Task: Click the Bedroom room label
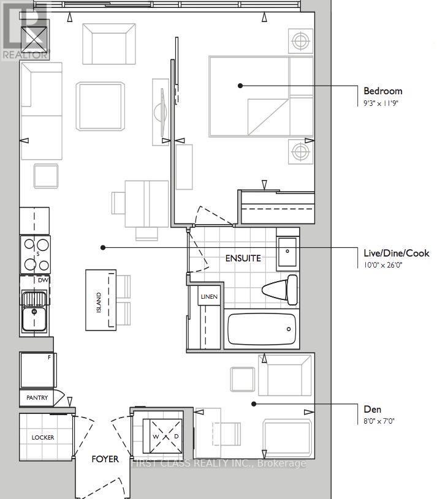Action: tap(383, 91)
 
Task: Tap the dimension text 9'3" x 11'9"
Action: tap(381, 103)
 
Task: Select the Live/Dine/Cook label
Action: tap(396, 253)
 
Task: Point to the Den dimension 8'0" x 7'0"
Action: tap(379, 421)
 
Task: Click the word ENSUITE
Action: tap(243, 258)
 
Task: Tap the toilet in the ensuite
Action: tap(279, 290)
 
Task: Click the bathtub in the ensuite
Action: tap(262, 329)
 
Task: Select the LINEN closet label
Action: tap(209, 296)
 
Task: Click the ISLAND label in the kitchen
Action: tap(99, 302)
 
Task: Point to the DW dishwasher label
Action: tap(43, 280)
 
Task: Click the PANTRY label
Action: tap(37, 398)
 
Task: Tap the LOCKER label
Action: tap(43, 438)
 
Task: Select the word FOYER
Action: tap(105, 459)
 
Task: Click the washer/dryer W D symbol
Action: tap(165, 436)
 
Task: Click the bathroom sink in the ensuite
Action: tap(287, 252)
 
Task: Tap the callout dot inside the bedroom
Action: tap(240, 86)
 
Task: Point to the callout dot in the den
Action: tap(254, 404)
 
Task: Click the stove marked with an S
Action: tap(35, 255)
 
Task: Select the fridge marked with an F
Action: tap(37, 370)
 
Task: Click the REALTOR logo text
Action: tap(25, 54)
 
